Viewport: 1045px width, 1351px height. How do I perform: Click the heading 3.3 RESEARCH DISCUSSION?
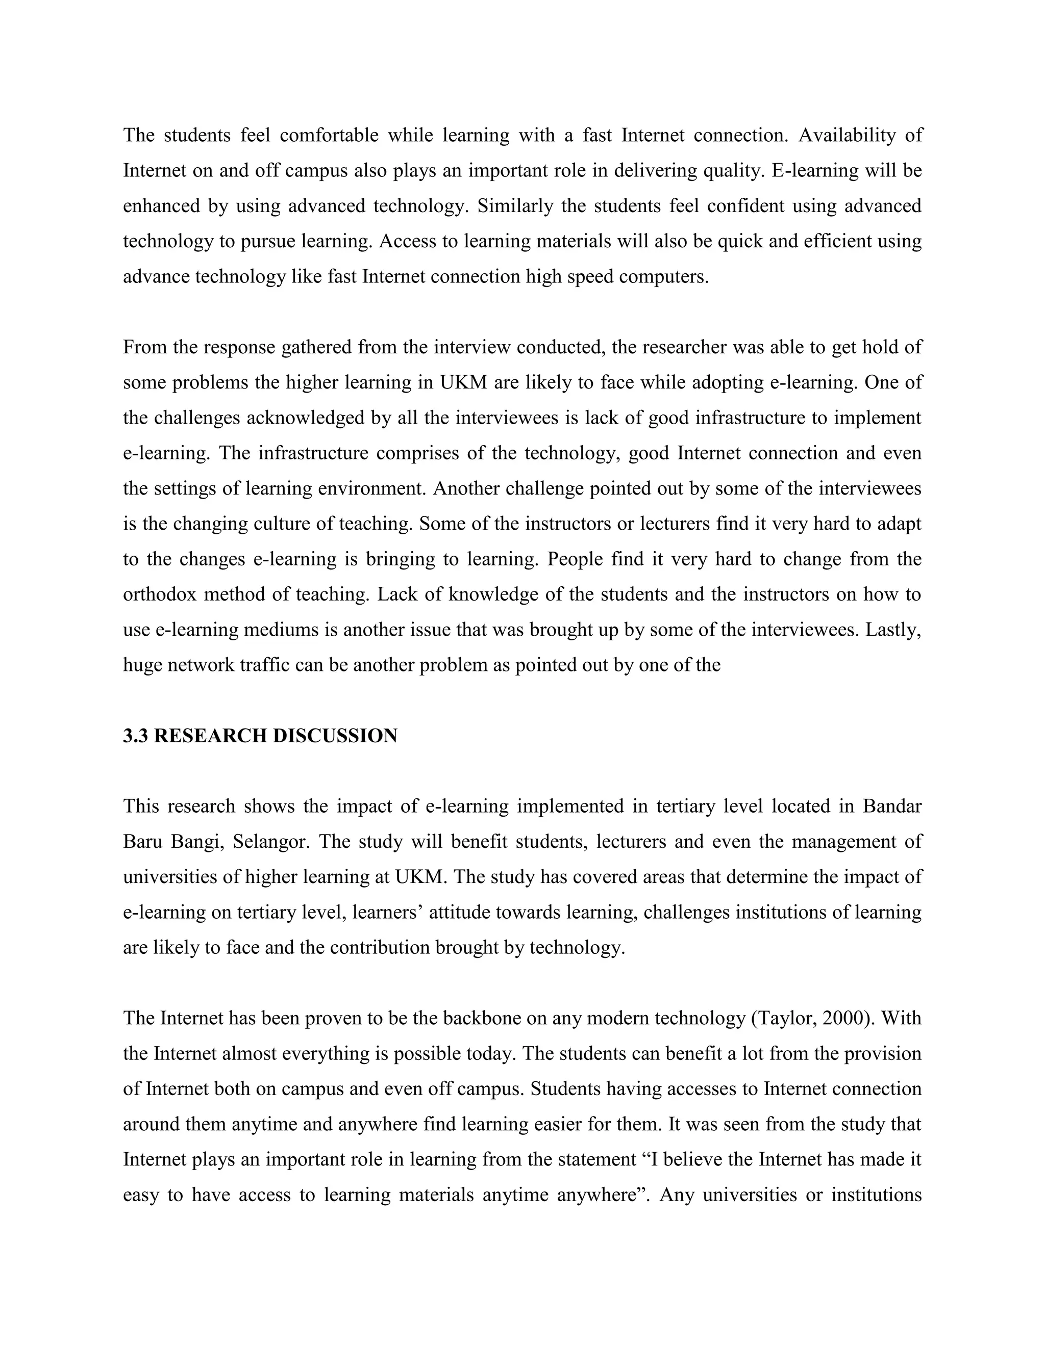260,736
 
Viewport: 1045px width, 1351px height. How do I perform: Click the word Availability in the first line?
847,135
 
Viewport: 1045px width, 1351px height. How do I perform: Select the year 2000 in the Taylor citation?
842,1018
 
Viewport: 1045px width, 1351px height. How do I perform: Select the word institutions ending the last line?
876,1194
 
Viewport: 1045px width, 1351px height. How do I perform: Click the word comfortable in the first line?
329,135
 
